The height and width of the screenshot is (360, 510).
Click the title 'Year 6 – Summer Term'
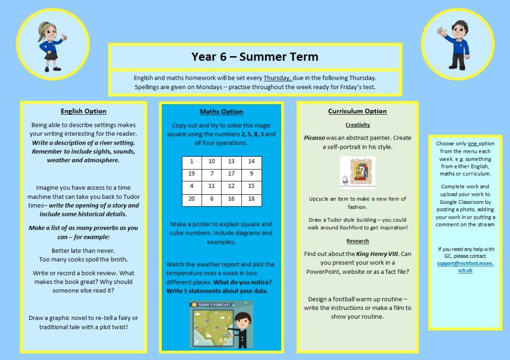click(254, 57)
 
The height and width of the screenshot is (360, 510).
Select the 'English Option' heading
click(84, 111)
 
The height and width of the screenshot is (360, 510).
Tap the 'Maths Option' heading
click(221, 112)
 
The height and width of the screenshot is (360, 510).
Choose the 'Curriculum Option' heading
click(357, 111)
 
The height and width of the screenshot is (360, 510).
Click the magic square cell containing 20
click(191, 199)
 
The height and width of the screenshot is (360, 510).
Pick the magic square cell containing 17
click(231, 174)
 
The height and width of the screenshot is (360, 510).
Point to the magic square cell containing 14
click(251, 161)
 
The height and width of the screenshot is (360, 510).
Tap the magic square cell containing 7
click(211, 174)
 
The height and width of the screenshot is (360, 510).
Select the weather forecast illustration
click(221, 324)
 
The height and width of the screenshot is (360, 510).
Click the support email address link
click(465, 267)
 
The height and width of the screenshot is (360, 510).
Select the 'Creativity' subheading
click(358, 125)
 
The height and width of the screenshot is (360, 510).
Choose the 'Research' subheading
click(358, 241)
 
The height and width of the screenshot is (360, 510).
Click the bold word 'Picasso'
click(314, 138)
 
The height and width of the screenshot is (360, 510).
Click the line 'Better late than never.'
click(83, 250)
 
